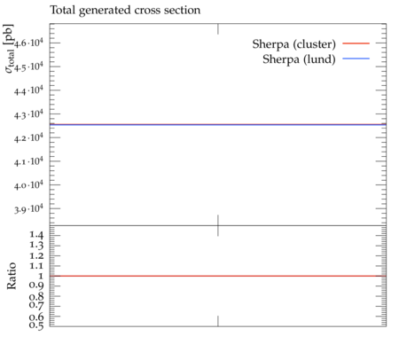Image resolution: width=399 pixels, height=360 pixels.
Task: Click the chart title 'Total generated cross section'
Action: pos(125,11)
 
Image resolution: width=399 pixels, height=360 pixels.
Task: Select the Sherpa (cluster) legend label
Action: pos(294,44)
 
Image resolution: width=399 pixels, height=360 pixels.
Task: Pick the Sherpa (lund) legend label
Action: pos(299,59)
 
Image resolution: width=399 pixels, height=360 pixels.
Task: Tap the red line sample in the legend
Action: pos(356,43)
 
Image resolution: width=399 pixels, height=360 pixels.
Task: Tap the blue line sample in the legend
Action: pos(356,59)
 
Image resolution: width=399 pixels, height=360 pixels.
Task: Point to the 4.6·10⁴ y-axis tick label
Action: pos(28,43)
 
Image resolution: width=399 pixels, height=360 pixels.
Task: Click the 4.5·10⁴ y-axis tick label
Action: pos(28,67)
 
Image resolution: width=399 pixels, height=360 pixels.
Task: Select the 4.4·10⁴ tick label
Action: pos(28,90)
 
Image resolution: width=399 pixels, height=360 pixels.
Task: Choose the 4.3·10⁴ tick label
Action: pos(28,114)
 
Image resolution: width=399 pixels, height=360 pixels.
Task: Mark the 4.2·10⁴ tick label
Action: pos(28,137)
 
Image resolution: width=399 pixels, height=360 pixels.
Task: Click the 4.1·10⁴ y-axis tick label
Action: pos(28,161)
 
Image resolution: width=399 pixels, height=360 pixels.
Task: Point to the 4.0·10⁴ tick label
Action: pos(28,185)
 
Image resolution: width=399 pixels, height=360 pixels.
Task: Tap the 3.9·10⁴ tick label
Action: pos(28,209)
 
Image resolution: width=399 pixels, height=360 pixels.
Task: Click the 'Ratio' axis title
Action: pos(12,276)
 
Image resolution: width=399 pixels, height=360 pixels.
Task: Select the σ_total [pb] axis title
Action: pos(9,49)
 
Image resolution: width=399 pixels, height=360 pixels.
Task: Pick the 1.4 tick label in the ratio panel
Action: pos(36,235)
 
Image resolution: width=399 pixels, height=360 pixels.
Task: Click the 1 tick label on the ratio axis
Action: pos(41,276)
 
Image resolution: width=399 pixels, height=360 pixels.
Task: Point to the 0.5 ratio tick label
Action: pos(36,325)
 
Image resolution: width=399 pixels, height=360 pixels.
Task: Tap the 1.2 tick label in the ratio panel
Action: pos(36,255)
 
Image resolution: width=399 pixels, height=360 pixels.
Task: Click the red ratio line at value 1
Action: pos(218,276)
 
